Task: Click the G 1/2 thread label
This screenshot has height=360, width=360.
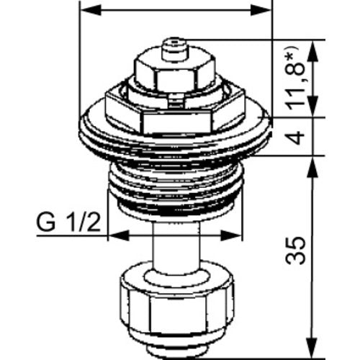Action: [68, 223]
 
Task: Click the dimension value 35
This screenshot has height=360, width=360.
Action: [295, 251]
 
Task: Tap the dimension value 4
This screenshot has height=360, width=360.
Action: [297, 138]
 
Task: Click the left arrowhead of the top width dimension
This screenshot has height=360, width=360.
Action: [91, 11]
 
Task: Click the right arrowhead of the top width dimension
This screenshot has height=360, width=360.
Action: [261, 11]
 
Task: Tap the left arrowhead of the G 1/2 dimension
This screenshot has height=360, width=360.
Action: [118, 235]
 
